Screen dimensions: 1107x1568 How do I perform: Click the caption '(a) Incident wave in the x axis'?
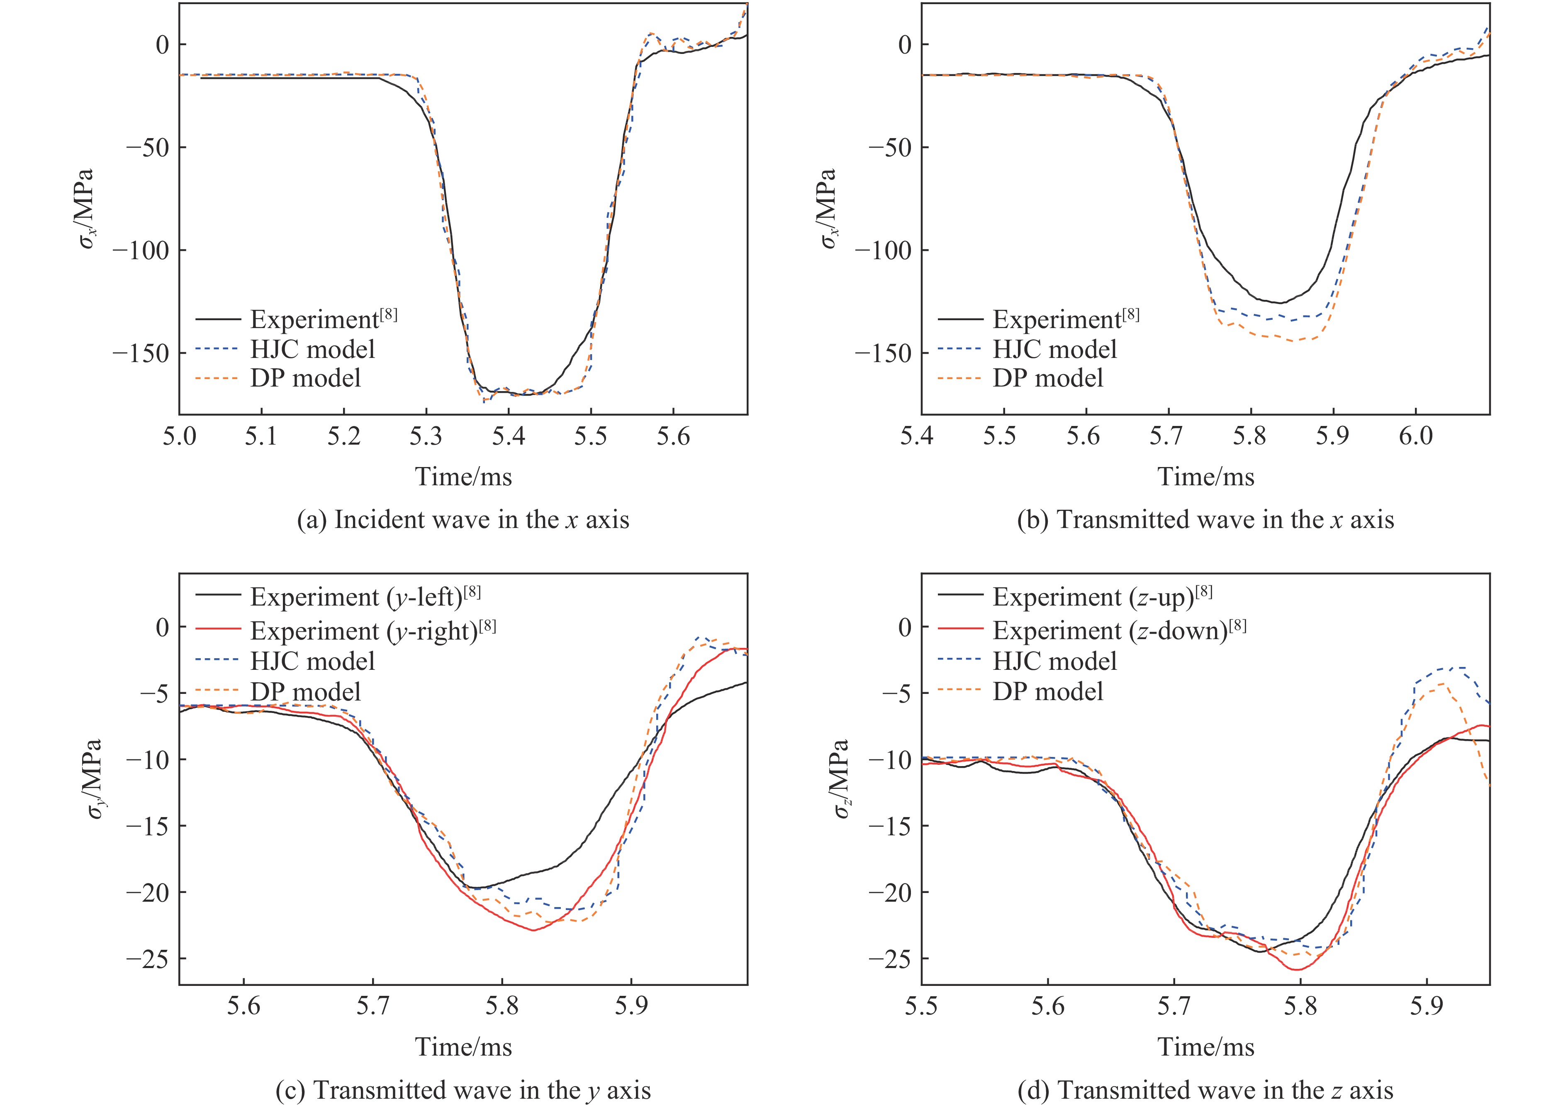coord(463,521)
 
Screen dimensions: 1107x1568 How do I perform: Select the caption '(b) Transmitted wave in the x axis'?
coord(1205,521)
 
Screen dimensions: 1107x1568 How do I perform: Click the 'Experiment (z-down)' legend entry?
coord(1119,630)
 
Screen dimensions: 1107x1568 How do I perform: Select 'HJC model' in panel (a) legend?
coord(313,350)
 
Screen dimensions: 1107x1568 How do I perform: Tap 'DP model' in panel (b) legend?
coord(1047,378)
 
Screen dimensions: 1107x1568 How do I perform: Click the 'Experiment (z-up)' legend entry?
coord(1102,597)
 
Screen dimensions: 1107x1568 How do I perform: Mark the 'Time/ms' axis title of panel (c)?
coord(463,1047)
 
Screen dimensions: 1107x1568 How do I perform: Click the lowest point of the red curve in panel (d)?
coord(1297,970)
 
